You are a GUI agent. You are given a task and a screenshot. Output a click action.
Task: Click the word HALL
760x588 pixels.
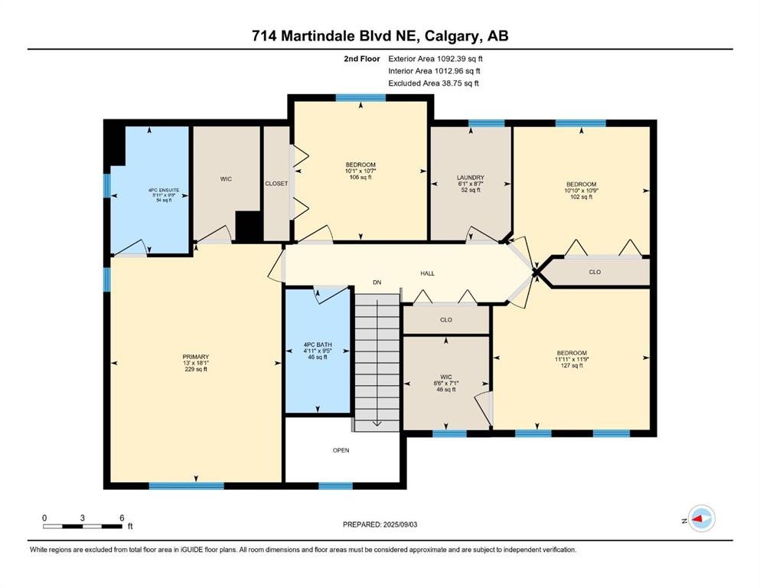(x=427, y=273)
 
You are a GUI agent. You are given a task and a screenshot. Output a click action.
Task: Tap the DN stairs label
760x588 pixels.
(x=377, y=282)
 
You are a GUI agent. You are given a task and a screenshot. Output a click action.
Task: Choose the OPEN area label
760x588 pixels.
(x=341, y=450)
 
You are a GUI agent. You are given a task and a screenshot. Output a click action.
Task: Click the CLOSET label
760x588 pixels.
(x=276, y=184)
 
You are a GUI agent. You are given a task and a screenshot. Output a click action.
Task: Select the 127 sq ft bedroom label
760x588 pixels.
(x=572, y=359)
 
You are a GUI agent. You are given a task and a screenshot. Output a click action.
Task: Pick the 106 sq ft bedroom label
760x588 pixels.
(x=360, y=171)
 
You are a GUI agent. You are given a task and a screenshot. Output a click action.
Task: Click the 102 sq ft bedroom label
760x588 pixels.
(x=581, y=191)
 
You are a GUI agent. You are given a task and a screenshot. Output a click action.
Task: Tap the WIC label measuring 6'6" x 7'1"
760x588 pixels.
(x=446, y=383)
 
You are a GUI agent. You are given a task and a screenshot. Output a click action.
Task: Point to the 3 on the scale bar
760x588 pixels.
(x=83, y=518)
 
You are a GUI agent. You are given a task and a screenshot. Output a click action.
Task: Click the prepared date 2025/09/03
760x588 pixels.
(x=400, y=524)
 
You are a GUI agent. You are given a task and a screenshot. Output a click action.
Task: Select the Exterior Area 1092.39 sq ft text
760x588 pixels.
(x=435, y=59)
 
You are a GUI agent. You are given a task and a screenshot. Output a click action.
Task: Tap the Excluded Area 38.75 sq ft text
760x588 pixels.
(x=433, y=83)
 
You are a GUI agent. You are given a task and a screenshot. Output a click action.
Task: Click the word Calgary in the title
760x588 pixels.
(x=454, y=36)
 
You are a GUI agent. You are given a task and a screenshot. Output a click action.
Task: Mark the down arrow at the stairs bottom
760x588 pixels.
(x=377, y=423)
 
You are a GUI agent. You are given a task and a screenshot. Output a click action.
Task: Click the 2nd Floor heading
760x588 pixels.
(x=361, y=59)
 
